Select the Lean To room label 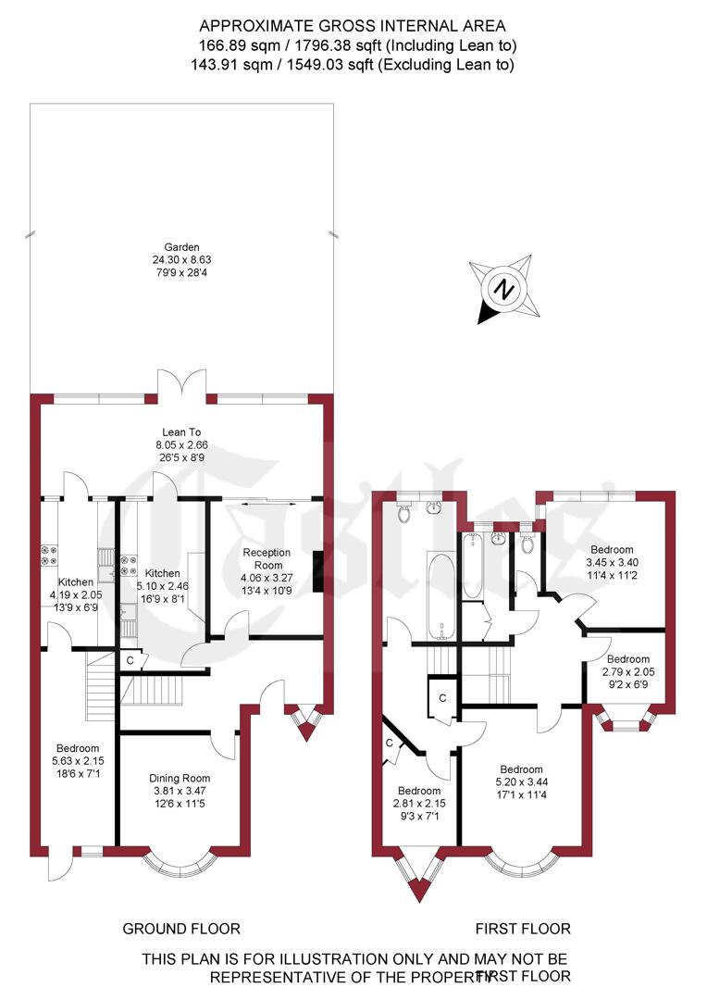tap(176, 431)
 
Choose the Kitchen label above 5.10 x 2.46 tap(162, 573)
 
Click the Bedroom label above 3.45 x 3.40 tap(611, 549)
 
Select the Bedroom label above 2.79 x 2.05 tap(629, 659)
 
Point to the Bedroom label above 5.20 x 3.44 tap(522, 769)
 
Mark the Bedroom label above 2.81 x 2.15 tap(419, 791)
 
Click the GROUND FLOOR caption tap(181, 929)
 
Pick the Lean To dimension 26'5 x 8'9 tap(176, 456)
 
